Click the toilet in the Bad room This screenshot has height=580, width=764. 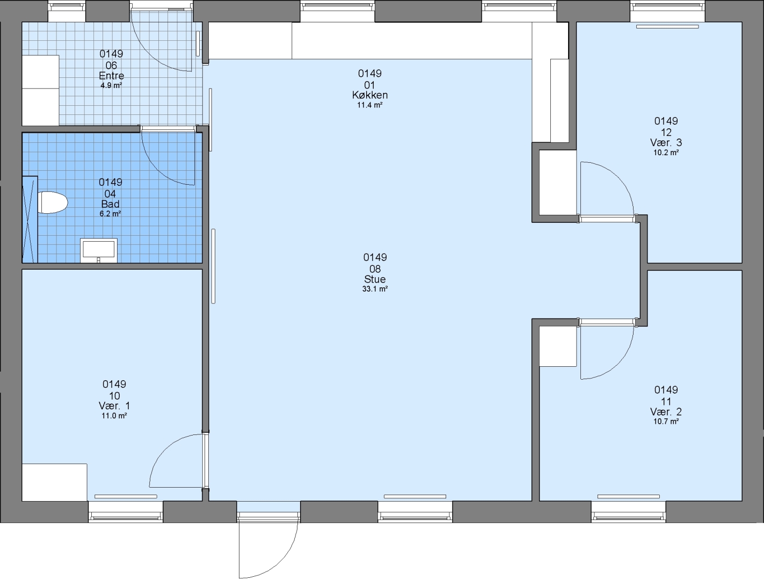52,202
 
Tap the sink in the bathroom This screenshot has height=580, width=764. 98,250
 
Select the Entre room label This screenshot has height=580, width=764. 111,76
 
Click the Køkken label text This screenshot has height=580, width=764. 369,95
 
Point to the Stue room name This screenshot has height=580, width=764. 375,279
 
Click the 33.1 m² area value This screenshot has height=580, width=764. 375,289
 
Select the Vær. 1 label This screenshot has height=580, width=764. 114,406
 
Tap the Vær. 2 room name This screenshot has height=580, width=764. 666,412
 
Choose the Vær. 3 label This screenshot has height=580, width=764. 666,143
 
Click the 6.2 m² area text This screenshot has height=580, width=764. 111,214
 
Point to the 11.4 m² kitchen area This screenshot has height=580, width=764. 369,105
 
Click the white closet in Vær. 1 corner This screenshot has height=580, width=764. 54,482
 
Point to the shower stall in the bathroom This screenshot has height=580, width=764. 30,219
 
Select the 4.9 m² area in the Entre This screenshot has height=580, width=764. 111,85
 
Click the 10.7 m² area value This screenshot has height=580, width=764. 666,422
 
